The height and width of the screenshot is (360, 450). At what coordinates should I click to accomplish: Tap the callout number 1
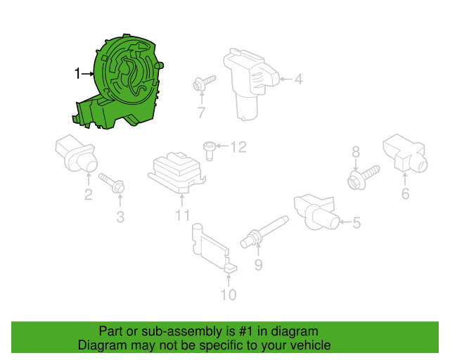[77, 74]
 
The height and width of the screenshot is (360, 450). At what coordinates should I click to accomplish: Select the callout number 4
[298, 79]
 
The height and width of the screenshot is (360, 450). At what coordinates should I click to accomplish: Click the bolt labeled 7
[204, 83]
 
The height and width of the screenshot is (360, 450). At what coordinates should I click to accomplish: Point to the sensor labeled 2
[77, 153]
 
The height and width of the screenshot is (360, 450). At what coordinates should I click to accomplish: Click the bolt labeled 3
[112, 183]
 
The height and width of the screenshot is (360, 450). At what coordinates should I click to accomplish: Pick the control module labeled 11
[176, 172]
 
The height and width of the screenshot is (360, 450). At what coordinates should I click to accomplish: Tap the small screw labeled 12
[210, 151]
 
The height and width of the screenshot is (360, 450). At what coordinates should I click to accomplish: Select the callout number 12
[238, 147]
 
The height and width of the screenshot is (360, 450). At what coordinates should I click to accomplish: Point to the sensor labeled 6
[405, 153]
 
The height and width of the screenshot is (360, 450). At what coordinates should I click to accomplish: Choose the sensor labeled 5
[316, 212]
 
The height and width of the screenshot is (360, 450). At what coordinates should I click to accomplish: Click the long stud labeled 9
[264, 231]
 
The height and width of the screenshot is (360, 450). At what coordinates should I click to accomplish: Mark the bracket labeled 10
[214, 247]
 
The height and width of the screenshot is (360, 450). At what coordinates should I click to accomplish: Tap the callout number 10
[229, 295]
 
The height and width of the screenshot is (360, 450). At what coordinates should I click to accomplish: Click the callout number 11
[183, 215]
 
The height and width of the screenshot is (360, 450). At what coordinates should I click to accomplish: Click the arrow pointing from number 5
[345, 221]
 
